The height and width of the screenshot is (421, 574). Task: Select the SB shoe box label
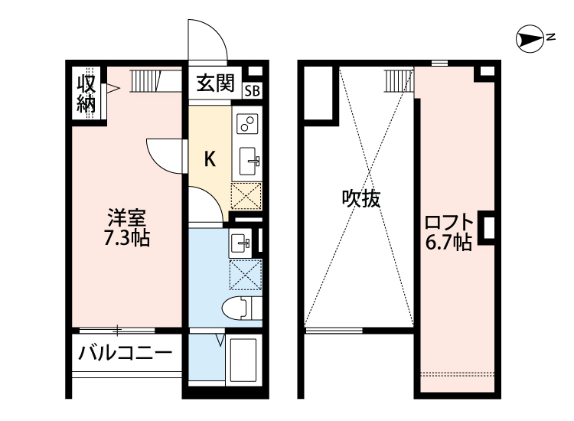pyautogui.click(x=252, y=90)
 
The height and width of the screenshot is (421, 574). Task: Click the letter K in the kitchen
pyautogui.click(x=209, y=159)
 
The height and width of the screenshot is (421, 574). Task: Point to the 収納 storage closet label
pyautogui.click(x=86, y=93)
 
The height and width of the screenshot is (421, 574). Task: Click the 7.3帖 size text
pyautogui.click(x=126, y=238)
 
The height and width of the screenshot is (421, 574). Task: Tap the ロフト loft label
pyautogui.click(x=448, y=224)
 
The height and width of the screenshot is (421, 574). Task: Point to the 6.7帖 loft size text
pyautogui.click(x=448, y=243)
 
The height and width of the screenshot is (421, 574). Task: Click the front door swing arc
pyautogui.click(x=207, y=40)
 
